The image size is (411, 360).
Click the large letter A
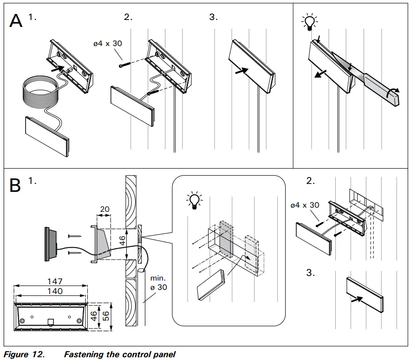coord(17,22)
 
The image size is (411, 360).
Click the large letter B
coord(16,185)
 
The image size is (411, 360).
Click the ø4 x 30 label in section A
coord(108,44)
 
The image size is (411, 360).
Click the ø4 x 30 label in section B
coord(304,205)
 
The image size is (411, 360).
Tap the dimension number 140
coord(51,291)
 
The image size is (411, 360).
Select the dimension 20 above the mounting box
coord(104,209)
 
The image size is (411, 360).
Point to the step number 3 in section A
coord(213,17)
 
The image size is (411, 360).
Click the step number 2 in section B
coord(310,182)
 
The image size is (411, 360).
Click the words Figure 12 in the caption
coord(24,354)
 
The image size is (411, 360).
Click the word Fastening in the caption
coord(84,354)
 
